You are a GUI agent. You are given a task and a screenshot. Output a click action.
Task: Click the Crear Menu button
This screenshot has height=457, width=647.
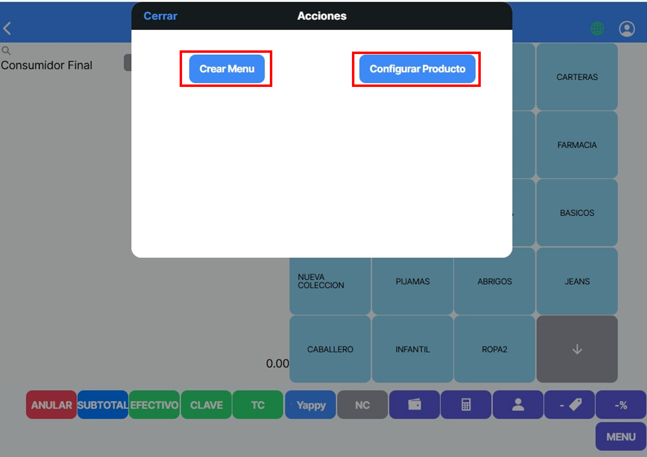pos(227,69)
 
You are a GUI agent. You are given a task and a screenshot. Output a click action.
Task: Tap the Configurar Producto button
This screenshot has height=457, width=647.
pos(417,69)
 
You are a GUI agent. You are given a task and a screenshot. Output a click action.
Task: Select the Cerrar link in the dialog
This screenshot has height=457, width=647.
pos(160,16)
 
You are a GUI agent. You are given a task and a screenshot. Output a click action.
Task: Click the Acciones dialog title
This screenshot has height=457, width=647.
pos(322,16)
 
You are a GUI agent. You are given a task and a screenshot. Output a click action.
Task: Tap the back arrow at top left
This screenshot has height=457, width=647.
pos(7,28)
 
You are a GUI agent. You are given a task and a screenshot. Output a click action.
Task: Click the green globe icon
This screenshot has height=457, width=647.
pos(597,28)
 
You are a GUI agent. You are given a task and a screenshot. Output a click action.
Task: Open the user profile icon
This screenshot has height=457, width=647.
pos(627,28)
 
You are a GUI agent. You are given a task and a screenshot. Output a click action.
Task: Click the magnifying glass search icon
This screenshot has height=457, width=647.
pos(6,50)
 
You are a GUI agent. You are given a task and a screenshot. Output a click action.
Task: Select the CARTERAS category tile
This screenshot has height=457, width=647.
pos(577,77)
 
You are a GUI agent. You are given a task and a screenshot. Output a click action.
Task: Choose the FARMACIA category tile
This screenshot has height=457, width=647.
pos(577,145)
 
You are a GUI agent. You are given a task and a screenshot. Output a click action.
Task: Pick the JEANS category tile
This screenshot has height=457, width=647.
pos(577,281)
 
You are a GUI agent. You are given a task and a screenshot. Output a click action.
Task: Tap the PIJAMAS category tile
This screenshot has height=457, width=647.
pos(413,281)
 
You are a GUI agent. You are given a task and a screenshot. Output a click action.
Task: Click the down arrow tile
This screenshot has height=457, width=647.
pos(577,349)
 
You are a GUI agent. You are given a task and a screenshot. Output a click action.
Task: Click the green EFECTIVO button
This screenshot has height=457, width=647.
pos(154,405)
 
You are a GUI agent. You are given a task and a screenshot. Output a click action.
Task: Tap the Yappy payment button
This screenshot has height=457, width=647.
pos(310,405)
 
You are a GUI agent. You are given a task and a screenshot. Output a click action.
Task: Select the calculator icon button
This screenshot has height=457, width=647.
pos(466,405)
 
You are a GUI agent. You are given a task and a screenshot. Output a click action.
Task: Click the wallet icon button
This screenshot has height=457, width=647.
pos(415,405)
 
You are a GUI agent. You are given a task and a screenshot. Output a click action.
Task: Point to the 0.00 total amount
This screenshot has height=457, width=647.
pos(277,364)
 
